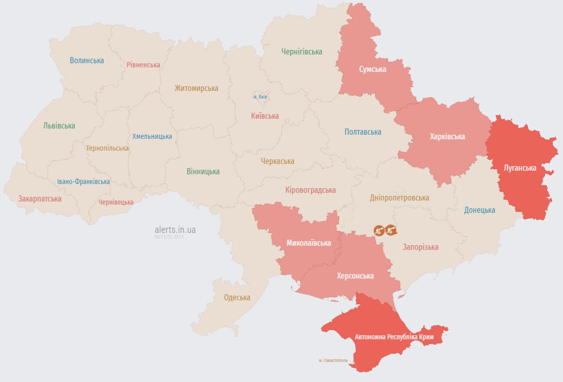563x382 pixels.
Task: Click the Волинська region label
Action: pos(87,60)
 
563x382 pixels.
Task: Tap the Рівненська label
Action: pos(143,65)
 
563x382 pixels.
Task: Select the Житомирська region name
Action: pos(196,88)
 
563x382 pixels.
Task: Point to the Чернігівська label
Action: pos(302,51)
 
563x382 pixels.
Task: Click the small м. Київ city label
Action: pos(260,97)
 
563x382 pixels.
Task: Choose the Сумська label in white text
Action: pos(373,69)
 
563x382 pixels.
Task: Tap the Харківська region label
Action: pos(447,136)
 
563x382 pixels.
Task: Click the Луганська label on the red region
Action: pos(520,168)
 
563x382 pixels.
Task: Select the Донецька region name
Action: pos(479,210)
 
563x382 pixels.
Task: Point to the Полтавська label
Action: pos(363,132)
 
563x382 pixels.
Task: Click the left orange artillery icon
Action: pos(379,230)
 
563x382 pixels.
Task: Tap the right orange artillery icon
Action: pos(392,230)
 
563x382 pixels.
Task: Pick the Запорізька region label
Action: pos(421,247)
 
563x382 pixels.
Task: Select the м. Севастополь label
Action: pos(333,360)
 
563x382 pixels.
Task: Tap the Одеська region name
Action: pos(237,297)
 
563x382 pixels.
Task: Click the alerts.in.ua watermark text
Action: pos(175,230)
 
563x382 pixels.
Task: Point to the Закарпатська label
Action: pos(40,198)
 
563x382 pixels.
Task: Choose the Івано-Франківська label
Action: pos(83,181)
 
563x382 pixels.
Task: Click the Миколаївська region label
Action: pos(308,243)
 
